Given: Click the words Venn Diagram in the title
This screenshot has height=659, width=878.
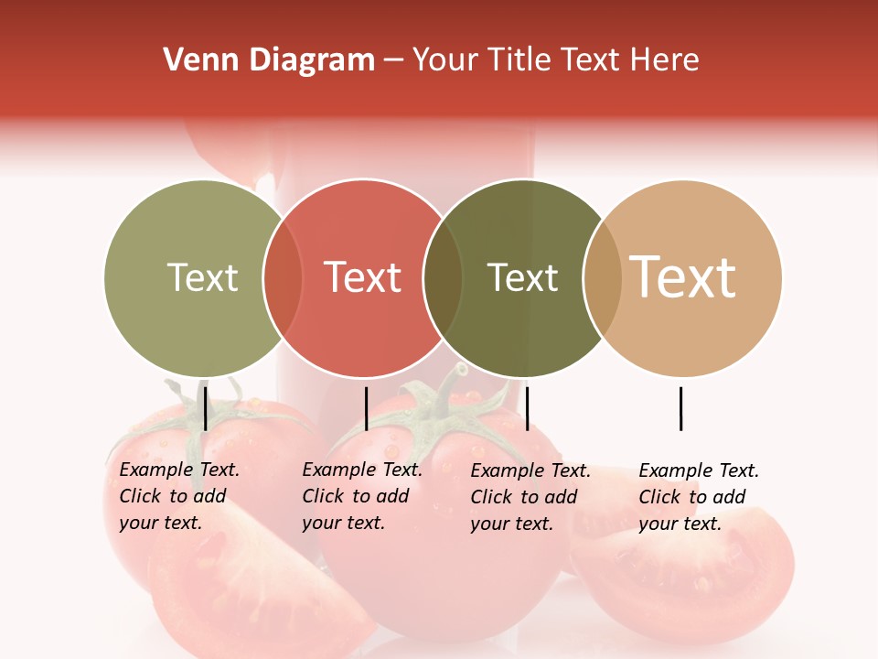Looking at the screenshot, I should [269, 60].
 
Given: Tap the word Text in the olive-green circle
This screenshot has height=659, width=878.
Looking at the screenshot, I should [202, 277].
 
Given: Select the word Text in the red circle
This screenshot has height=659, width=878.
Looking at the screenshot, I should [363, 277].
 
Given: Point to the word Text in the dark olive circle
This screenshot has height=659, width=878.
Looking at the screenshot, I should [522, 277].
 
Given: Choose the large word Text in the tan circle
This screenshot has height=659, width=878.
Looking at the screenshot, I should [683, 277].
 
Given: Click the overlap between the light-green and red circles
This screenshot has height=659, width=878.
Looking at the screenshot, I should [283, 278].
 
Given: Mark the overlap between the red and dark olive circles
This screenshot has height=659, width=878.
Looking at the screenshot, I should [443, 278].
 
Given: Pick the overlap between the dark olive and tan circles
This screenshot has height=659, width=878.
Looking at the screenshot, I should [602, 278].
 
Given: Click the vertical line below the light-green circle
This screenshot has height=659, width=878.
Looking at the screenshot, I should [205, 408].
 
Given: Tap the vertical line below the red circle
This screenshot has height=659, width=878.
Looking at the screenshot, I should [366, 408].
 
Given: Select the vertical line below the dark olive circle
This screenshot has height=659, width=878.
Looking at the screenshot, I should [527, 408].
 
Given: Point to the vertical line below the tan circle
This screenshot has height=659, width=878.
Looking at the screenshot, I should [680, 408].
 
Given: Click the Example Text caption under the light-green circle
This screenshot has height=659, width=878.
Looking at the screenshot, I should [179, 496].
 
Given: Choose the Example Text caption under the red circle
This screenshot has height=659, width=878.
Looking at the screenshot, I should [362, 496].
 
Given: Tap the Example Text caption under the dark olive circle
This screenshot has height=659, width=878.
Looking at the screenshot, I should [530, 497].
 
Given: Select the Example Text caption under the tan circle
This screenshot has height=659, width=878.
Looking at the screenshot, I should [699, 497].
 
